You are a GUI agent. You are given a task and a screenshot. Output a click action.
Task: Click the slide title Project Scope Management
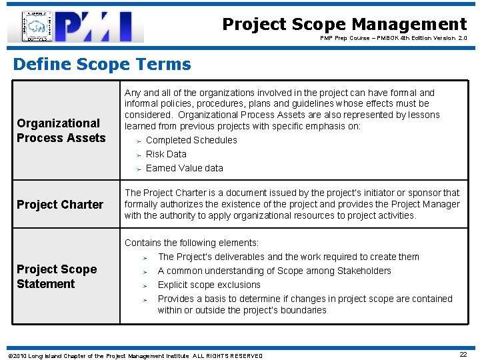344,25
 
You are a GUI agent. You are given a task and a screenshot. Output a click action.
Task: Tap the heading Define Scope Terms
102,65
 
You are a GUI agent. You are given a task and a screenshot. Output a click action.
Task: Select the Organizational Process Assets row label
61,130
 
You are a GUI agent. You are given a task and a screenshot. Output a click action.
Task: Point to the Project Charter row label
60,205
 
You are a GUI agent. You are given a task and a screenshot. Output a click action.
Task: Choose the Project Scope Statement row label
57,276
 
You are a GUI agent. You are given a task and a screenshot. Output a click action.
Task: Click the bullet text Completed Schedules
191,140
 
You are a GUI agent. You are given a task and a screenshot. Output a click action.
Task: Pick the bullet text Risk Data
166,154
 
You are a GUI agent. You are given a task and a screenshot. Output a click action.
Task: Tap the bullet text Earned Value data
184,168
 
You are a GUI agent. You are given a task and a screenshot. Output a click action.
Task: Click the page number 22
463,355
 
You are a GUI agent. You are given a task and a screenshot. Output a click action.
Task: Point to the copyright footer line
134,355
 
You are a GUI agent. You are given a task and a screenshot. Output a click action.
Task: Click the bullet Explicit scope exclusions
209,285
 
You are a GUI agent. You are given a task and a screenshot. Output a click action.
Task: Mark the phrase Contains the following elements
191,243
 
